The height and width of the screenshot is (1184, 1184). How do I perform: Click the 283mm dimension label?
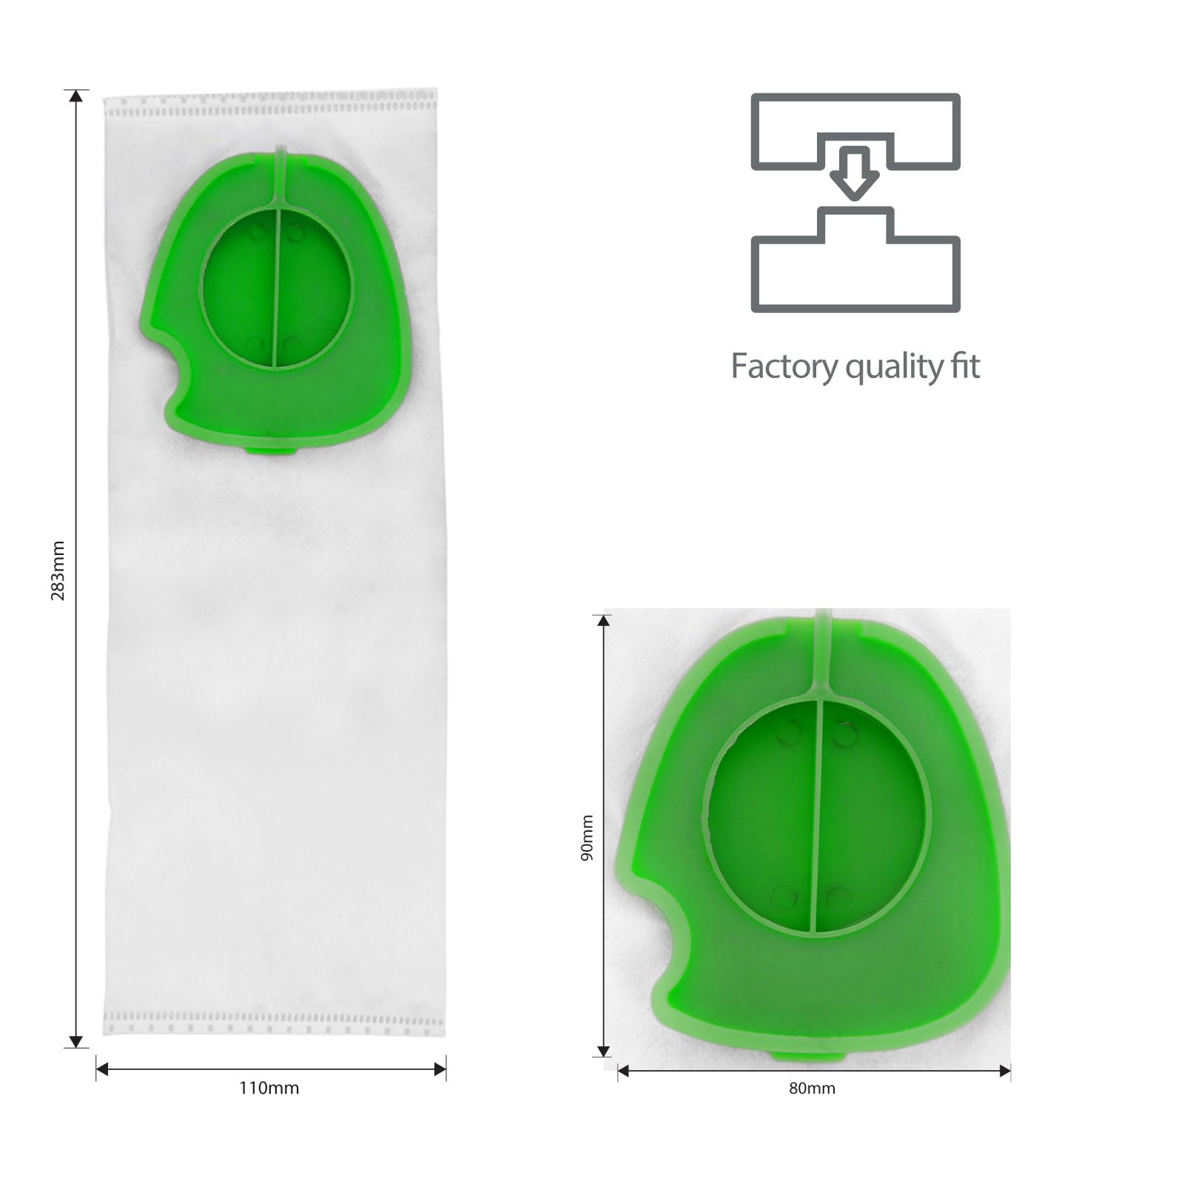pyautogui.click(x=58, y=571)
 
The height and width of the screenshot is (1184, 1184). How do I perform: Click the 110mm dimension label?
pyautogui.click(x=269, y=1088)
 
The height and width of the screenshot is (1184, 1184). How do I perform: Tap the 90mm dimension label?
pyautogui.click(x=587, y=838)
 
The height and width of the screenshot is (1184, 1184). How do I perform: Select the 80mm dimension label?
pyautogui.click(x=812, y=1088)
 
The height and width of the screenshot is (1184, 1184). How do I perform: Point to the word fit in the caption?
pyautogui.click(x=965, y=366)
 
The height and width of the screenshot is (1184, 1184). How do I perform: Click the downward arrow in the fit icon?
pyautogui.click(x=855, y=172)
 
